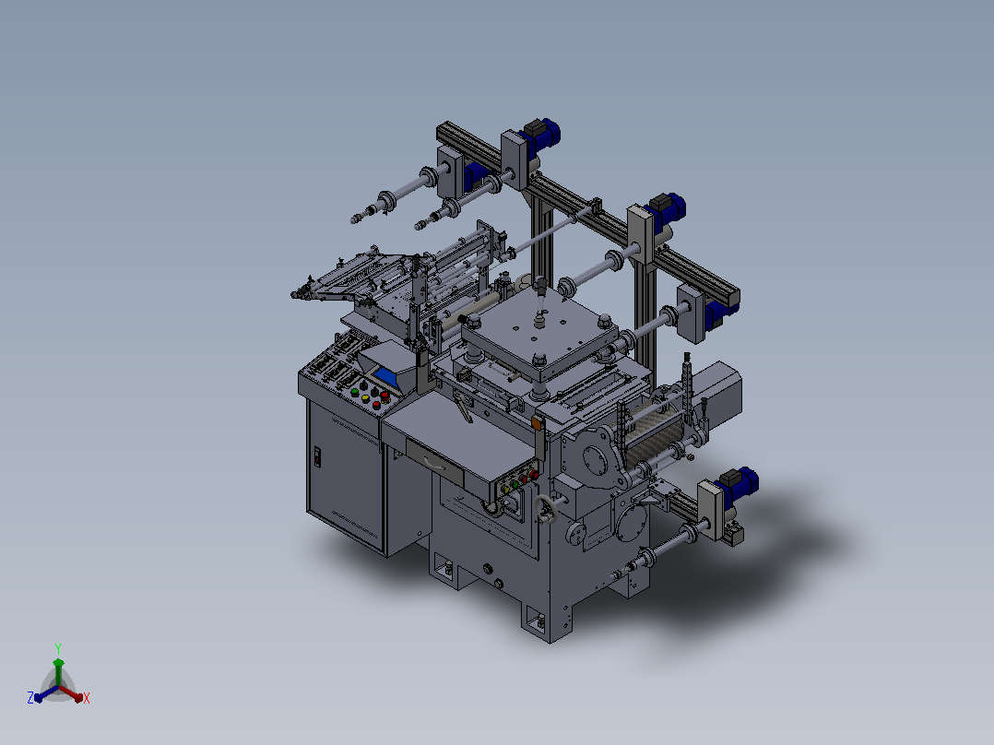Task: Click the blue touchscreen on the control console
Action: (x=386, y=378)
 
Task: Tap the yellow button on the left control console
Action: (x=365, y=398)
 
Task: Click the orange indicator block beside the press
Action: (x=538, y=423)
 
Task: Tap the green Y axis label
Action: (x=58, y=648)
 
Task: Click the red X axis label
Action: (x=87, y=698)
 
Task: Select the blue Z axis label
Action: (x=30, y=697)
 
